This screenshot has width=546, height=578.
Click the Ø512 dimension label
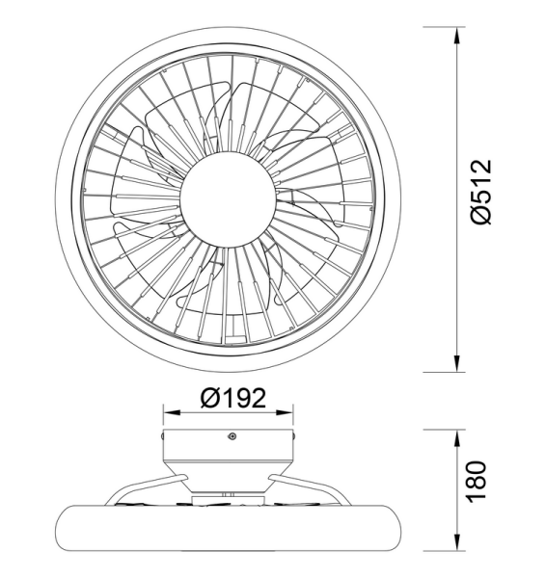point(482,193)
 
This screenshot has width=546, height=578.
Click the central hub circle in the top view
point(230,199)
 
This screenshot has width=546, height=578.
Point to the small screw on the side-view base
point(232,437)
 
